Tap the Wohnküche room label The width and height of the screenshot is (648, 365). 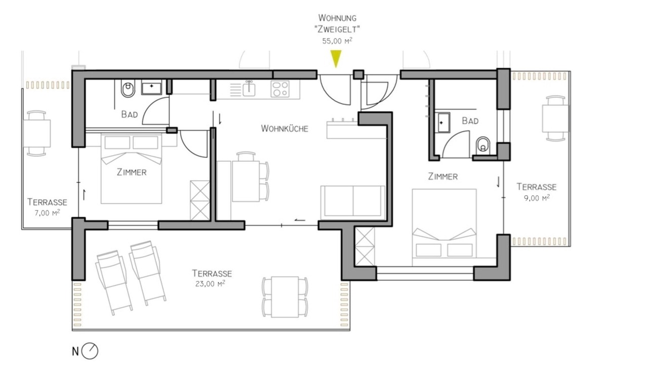tap(285, 129)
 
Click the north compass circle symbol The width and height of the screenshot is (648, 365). tap(90, 351)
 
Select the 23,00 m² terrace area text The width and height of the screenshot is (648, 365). tap(210, 283)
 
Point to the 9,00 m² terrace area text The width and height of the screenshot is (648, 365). tap(537, 198)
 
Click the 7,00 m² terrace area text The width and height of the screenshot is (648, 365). tap(47, 213)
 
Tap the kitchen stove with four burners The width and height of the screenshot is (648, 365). tap(280, 89)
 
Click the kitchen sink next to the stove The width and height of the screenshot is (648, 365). tap(249, 89)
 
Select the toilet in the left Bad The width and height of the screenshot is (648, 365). tap(128, 89)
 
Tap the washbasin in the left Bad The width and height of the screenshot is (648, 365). tap(151, 88)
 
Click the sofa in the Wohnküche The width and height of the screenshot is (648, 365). tap(353, 202)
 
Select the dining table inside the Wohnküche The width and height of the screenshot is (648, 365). tap(246, 181)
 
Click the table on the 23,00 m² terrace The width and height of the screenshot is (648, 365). tap(285, 297)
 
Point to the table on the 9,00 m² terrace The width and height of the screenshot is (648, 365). tap(555, 119)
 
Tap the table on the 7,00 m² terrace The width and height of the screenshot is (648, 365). tap(36, 133)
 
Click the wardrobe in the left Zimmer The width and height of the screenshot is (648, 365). tap(200, 200)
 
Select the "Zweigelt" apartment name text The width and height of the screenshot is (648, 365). tap(337, 29)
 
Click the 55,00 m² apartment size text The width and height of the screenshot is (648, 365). tap(337, 41)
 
